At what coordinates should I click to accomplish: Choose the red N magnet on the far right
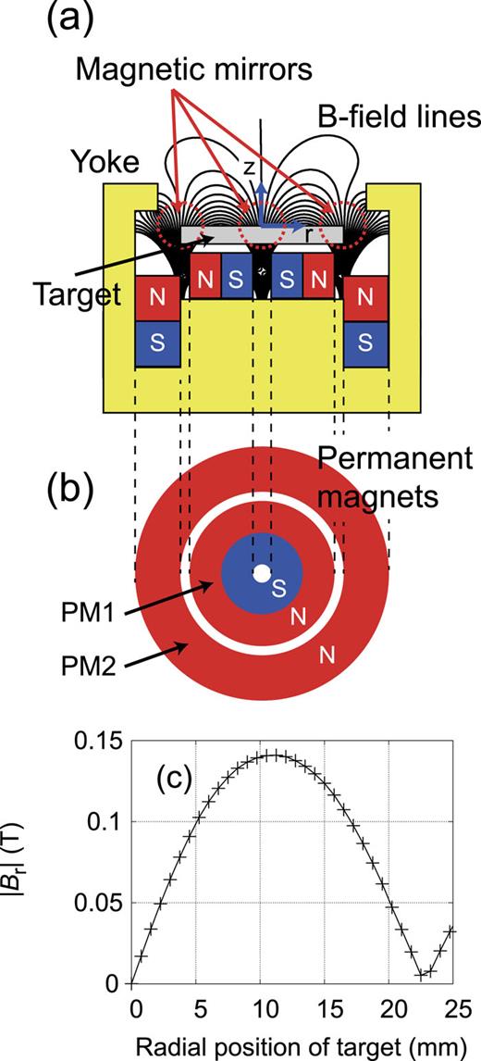366,298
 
